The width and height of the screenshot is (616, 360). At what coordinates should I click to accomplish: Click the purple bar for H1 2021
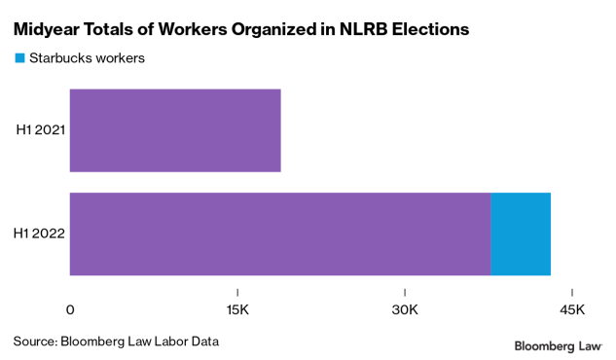tap(175, 130)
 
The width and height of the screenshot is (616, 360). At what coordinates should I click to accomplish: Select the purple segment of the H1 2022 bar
tap(280, 234)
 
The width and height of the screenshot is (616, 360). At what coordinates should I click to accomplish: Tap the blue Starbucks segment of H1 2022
tap(521, 234)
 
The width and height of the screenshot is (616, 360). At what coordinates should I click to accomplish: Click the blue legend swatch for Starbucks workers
tap(19, 58)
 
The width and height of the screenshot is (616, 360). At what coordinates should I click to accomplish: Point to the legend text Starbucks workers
tap(87, 58)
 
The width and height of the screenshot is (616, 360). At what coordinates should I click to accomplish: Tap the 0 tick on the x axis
tap(70, 309)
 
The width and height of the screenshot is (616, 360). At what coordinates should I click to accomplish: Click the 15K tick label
tap(237, 309)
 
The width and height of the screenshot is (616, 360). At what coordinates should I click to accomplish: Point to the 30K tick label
tap(405, 309)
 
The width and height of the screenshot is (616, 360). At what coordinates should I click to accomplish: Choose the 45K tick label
tap(572, 309)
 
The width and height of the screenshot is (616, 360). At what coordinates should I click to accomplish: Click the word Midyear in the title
tap(49, 30)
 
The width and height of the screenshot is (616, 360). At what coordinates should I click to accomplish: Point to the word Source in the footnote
tap(34, 342)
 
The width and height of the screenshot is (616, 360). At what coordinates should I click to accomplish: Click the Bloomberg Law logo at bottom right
tap(558, 345)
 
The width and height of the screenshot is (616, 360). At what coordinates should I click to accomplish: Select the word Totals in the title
tap(118, 30)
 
